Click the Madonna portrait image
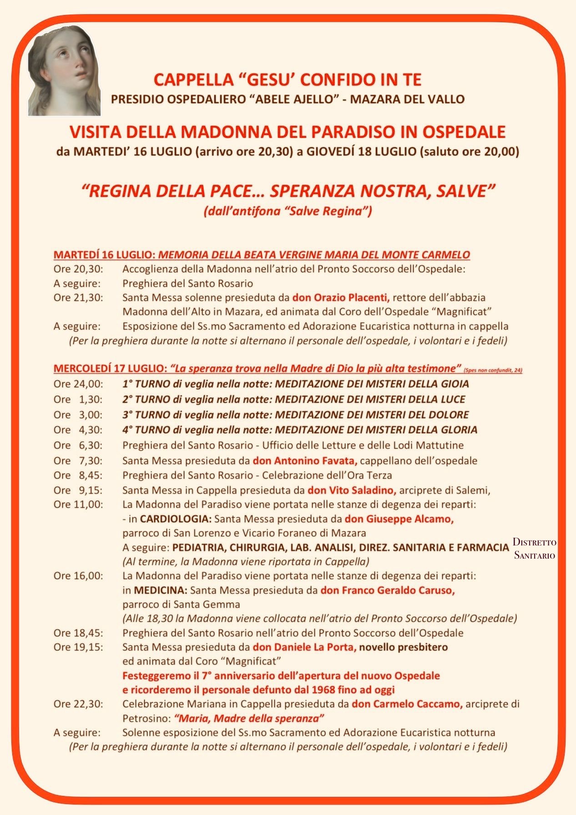coord(64,70)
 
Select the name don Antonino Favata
coord(305,461)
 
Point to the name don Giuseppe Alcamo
coord(399,519)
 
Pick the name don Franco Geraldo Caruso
coord(388,590)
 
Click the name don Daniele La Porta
coord(304,647)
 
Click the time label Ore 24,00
coord(78,384)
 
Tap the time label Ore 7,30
coord(78,461)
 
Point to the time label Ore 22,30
coord(78,704)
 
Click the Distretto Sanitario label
coord(535,549)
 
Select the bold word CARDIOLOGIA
coord(176,519)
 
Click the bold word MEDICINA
coord(161,590)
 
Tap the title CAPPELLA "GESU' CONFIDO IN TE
coord(288,80)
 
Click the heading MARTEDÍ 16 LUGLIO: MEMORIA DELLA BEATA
coord(262,255)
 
